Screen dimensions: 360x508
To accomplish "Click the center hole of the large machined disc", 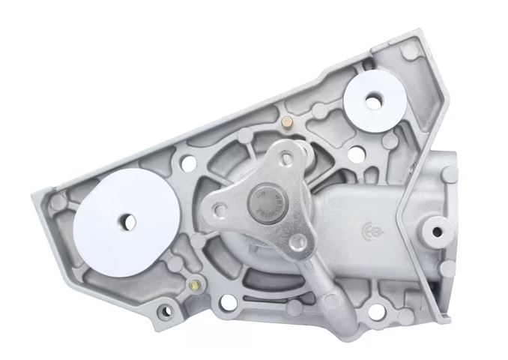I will coord(129,222).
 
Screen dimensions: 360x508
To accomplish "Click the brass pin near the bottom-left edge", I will coord(195,284).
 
